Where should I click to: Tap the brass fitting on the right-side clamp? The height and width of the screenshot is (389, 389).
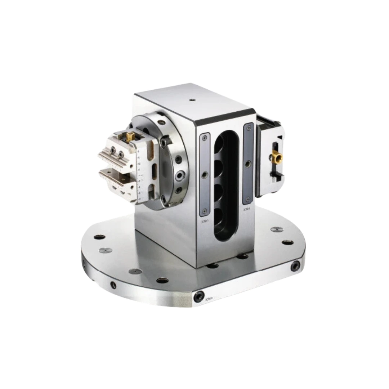click(277, 157)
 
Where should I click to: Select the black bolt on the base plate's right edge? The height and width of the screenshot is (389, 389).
click(296, 266)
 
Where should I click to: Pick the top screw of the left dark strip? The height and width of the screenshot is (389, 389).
click(205, 137)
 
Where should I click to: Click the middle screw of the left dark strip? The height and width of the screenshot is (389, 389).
click(205, 175)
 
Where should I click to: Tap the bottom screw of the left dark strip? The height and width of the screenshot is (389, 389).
click(205, 211)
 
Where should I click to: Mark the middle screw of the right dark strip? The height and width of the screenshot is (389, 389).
click(248, 164)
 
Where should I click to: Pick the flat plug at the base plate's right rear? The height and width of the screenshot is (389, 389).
click(276, 229)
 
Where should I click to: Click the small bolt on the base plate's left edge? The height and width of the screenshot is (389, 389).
click(113, 285)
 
